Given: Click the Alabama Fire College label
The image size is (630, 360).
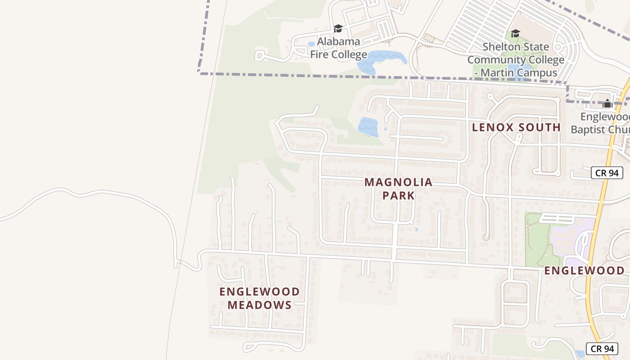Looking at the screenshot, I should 338,48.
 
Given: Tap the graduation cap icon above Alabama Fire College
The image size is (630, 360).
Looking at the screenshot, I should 338,29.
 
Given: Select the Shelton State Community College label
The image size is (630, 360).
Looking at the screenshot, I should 516,59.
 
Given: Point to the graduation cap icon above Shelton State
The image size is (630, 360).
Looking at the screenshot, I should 515,33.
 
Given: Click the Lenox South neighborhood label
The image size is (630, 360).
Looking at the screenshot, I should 516,127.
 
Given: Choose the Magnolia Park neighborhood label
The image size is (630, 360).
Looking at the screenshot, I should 398,189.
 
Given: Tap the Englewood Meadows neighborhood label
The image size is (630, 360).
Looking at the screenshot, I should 259,298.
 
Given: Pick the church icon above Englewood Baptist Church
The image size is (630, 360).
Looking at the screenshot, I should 607,103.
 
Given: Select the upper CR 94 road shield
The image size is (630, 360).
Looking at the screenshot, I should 607,173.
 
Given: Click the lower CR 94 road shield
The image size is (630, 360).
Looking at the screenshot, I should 602,348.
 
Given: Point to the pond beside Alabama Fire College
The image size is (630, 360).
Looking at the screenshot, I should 381,60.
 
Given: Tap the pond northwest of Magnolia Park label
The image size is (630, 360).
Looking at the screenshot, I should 368,126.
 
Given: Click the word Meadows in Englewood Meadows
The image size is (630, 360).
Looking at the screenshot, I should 259,305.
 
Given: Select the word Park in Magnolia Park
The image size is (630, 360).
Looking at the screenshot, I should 398,195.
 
